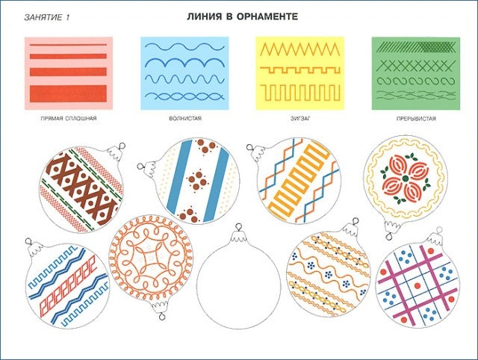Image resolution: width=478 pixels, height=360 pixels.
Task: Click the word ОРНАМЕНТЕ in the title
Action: click(267, 16)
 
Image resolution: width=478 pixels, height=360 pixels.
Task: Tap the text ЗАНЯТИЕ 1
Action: click(46, 17)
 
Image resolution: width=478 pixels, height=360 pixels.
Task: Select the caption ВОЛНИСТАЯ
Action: click(185, 118)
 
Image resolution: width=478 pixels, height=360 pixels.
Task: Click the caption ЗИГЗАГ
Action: click(300, 118)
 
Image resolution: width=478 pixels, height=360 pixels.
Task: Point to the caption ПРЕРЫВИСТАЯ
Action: click(416, 119)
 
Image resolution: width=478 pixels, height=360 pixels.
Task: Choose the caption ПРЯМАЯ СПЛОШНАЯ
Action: click(69, 118)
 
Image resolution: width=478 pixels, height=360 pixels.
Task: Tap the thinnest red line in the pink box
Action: click(68, 45)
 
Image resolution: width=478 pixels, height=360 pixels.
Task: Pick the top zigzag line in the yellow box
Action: click(300, 49)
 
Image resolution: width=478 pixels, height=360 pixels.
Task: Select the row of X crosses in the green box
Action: click(416, 66)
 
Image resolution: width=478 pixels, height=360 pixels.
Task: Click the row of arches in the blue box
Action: click(184, 62)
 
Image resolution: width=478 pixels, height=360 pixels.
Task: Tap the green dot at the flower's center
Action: click(405, 179)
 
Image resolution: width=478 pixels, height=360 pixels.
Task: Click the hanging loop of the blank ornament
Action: click(238, 227)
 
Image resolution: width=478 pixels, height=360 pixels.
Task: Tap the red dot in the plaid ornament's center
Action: click(418, 286)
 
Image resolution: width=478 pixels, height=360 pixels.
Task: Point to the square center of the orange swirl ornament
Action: click(151, 258)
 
